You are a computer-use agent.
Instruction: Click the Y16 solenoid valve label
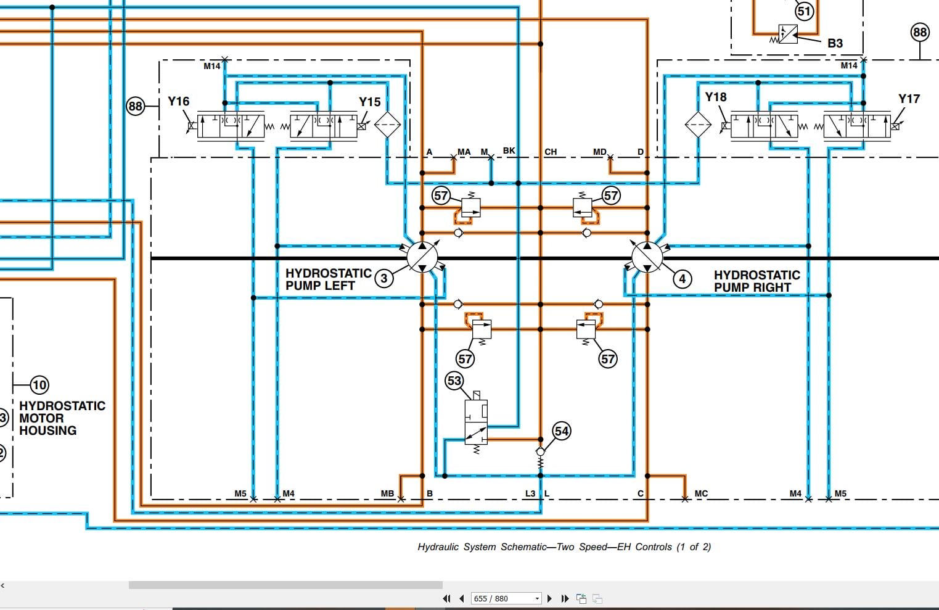coord(179,101)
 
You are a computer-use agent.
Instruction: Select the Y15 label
coord(370,102)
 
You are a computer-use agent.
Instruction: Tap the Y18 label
coord(716,97)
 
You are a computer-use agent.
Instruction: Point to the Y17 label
coord(909,99)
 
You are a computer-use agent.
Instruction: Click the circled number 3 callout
coord(384,278)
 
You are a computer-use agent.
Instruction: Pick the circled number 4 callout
coord(682,279)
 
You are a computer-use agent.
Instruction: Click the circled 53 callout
coord(454,381)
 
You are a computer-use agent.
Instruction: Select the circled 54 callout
coord(561,431)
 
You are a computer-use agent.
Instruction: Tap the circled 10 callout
coord(39,385)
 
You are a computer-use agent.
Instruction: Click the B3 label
coord(835,43)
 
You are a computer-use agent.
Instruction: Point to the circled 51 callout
coord(804,11)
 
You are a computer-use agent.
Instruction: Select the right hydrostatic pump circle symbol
coord(647,257)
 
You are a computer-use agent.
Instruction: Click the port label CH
coord(551,152)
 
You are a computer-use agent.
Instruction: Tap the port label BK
coord(509,150)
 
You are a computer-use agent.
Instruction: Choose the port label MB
coord(387,493)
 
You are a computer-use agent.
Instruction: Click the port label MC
coord(701,493)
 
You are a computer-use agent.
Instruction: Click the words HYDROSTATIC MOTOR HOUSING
coord(62,418)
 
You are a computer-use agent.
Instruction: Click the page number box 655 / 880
coord(505,598)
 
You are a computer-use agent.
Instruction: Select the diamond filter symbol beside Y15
coord(387,125)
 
